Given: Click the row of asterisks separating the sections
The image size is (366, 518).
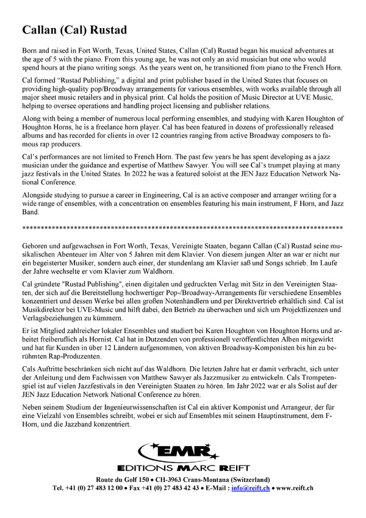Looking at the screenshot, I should point(182,227).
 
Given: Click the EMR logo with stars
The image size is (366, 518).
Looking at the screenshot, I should point(178,453).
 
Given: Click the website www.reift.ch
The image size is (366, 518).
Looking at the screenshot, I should point(295,488).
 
